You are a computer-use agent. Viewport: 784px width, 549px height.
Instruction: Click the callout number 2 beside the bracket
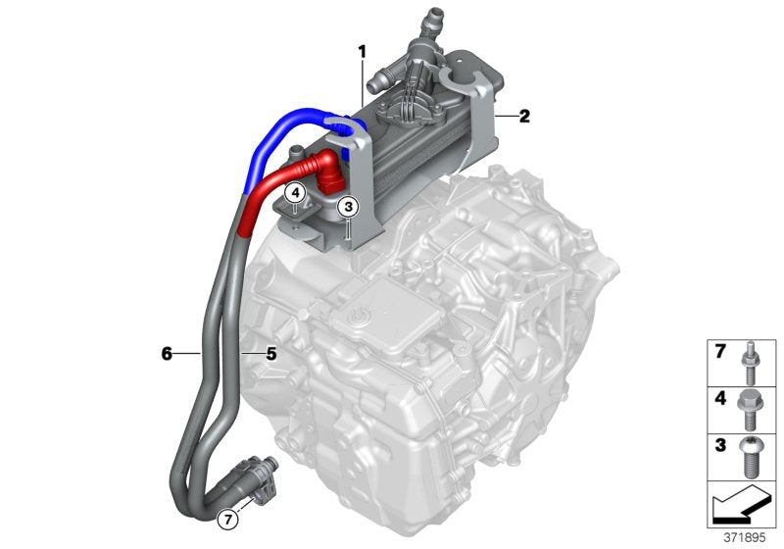[524, 117]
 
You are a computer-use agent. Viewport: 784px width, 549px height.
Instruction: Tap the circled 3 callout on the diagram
[348, 207]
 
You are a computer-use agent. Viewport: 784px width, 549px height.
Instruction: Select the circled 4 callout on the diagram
[294, 193]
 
